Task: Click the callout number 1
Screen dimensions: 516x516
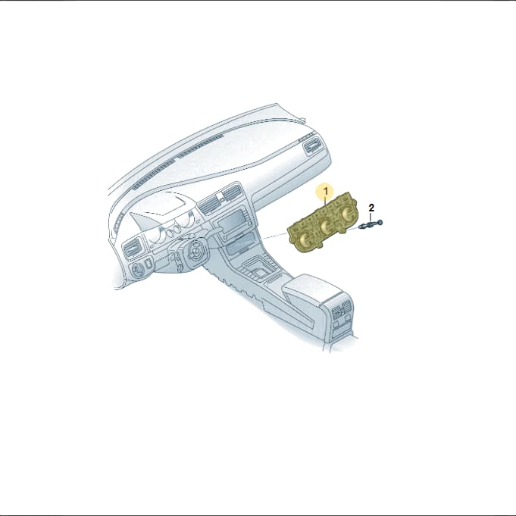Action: [326, 191]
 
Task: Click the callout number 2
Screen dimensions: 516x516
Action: [371, 208]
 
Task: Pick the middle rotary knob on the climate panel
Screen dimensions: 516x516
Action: [327, 227]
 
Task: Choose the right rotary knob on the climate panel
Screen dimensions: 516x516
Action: [346, 216]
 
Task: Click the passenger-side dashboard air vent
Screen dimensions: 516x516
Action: [311, 145]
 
